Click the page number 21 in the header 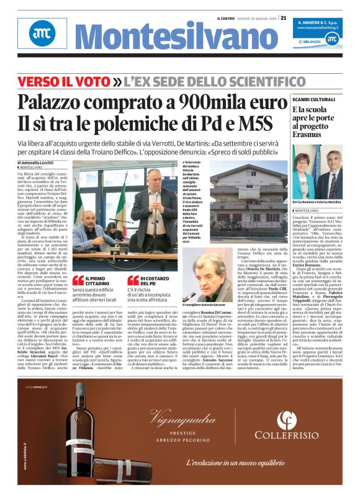point(283,17)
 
